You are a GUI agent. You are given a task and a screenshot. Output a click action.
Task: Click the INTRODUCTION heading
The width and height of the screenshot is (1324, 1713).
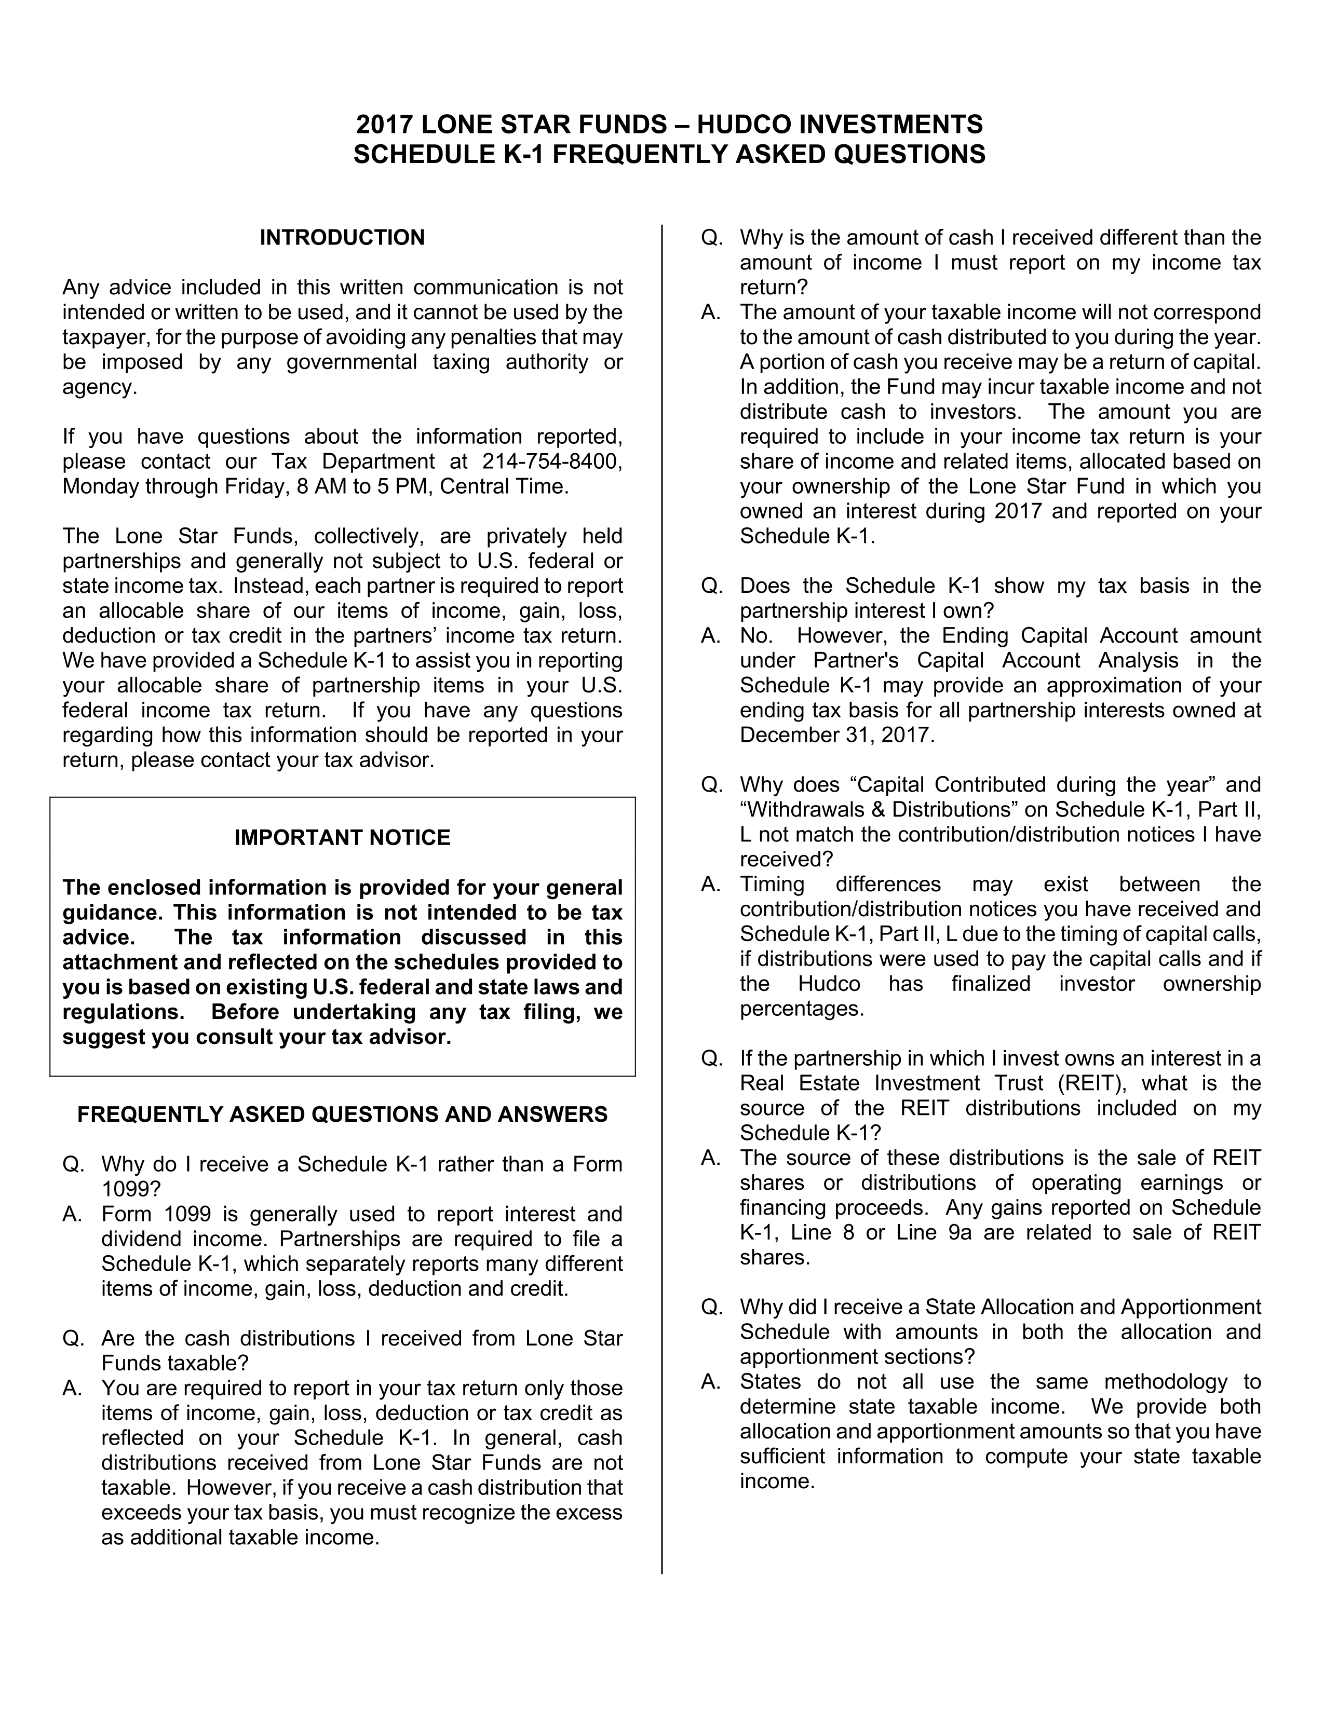point(342,238)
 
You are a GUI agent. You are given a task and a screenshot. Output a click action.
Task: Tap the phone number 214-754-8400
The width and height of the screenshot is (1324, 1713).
point(552,461)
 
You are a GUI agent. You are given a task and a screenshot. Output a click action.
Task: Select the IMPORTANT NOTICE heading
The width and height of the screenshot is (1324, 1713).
point(342,838)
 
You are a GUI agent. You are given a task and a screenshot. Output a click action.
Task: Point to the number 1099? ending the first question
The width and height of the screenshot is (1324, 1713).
point(131,1189)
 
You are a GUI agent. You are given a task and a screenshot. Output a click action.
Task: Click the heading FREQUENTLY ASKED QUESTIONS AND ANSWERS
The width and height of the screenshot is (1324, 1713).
point(342,1114)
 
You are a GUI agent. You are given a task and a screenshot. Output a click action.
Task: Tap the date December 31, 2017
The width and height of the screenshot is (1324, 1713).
point(837,735)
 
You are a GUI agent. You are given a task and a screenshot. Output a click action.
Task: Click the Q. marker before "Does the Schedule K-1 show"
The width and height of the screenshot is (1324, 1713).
point(711,586)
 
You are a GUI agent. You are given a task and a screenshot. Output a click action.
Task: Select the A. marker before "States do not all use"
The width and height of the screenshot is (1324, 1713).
point(711,1381)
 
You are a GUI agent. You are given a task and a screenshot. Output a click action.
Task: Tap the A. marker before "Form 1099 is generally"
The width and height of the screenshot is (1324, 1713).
point(72,1214)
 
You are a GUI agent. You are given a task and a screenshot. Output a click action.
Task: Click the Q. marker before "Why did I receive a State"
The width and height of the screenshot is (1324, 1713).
point(711,1307)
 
